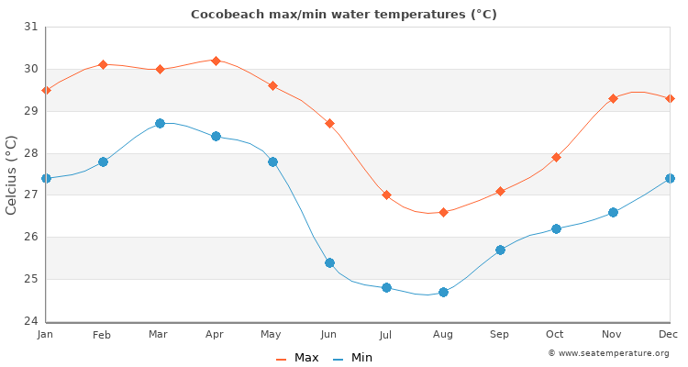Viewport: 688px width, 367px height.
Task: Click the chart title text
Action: (344, 15)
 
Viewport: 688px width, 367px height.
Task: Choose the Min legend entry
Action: (353, 358)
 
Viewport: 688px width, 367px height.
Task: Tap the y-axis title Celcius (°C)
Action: (12, 174)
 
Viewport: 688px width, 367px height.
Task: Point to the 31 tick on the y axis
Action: (31, 28)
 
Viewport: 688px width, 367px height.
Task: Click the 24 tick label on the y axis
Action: (31, 321)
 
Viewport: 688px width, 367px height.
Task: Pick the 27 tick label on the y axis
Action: (31, 195)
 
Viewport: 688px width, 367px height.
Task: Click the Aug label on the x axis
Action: (443, 335)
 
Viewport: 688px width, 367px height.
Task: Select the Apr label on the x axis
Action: (216, 335)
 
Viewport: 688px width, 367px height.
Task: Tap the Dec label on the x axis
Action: (670, 335)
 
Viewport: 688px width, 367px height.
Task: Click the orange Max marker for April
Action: (216, 61)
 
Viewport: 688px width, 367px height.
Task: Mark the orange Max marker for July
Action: (386, 195)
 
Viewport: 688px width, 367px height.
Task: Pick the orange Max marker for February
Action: (103, 64)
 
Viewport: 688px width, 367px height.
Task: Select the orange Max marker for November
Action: (613, 98)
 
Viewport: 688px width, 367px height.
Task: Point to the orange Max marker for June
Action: (329, 123)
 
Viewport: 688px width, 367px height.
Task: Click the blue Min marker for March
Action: (160, 123)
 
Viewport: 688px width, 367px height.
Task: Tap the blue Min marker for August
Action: (443, 292)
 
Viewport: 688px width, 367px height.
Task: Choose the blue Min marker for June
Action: (329, 262)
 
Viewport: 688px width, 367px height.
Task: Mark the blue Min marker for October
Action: (556, 228)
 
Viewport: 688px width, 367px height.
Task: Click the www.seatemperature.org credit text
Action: (608, 353)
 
